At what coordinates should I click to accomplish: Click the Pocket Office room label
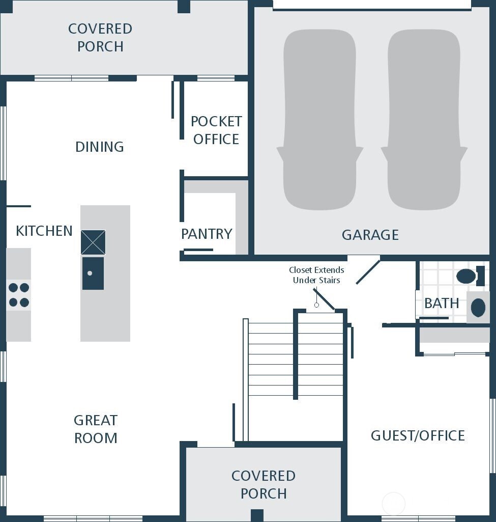tap(216, 130)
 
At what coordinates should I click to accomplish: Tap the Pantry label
tap(207, 234)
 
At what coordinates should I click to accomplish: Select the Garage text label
tap(370, 235)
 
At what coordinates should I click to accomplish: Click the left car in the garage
tap(319, 120)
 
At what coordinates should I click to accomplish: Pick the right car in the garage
tap(424, 120)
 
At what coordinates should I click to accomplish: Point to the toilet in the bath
tap(468, 277)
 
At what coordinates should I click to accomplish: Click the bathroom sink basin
tap(478, 308)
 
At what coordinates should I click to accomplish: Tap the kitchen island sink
tap(93, 273)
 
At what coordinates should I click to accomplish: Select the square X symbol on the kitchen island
tap(93, 242)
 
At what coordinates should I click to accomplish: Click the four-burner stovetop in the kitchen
tap(19, 295)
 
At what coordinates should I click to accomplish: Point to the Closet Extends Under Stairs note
tap(316, 275)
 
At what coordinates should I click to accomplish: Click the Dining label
tap(100, 147)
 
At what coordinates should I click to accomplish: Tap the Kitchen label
tap(44, 231)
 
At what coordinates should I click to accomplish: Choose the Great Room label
tap(96, 429)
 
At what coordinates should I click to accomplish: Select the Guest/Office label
tap(418, 436)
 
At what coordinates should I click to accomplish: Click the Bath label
tap(442, 304)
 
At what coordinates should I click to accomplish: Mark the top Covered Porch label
tap(100, 38)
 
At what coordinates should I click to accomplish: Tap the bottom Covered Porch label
tap(264, 485)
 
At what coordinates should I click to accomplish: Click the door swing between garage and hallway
tap(367, 272)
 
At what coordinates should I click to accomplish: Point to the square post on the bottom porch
tap(257, 515)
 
